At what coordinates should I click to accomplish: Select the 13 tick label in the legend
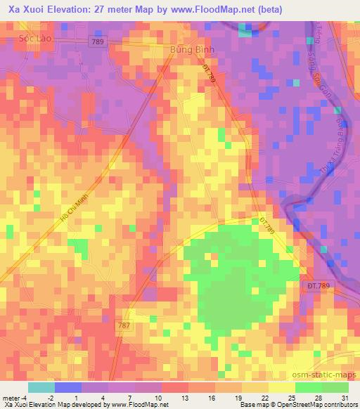(185, 398)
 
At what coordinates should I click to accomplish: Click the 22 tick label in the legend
(264, 398)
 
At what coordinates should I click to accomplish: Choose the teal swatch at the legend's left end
(41, 387)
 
